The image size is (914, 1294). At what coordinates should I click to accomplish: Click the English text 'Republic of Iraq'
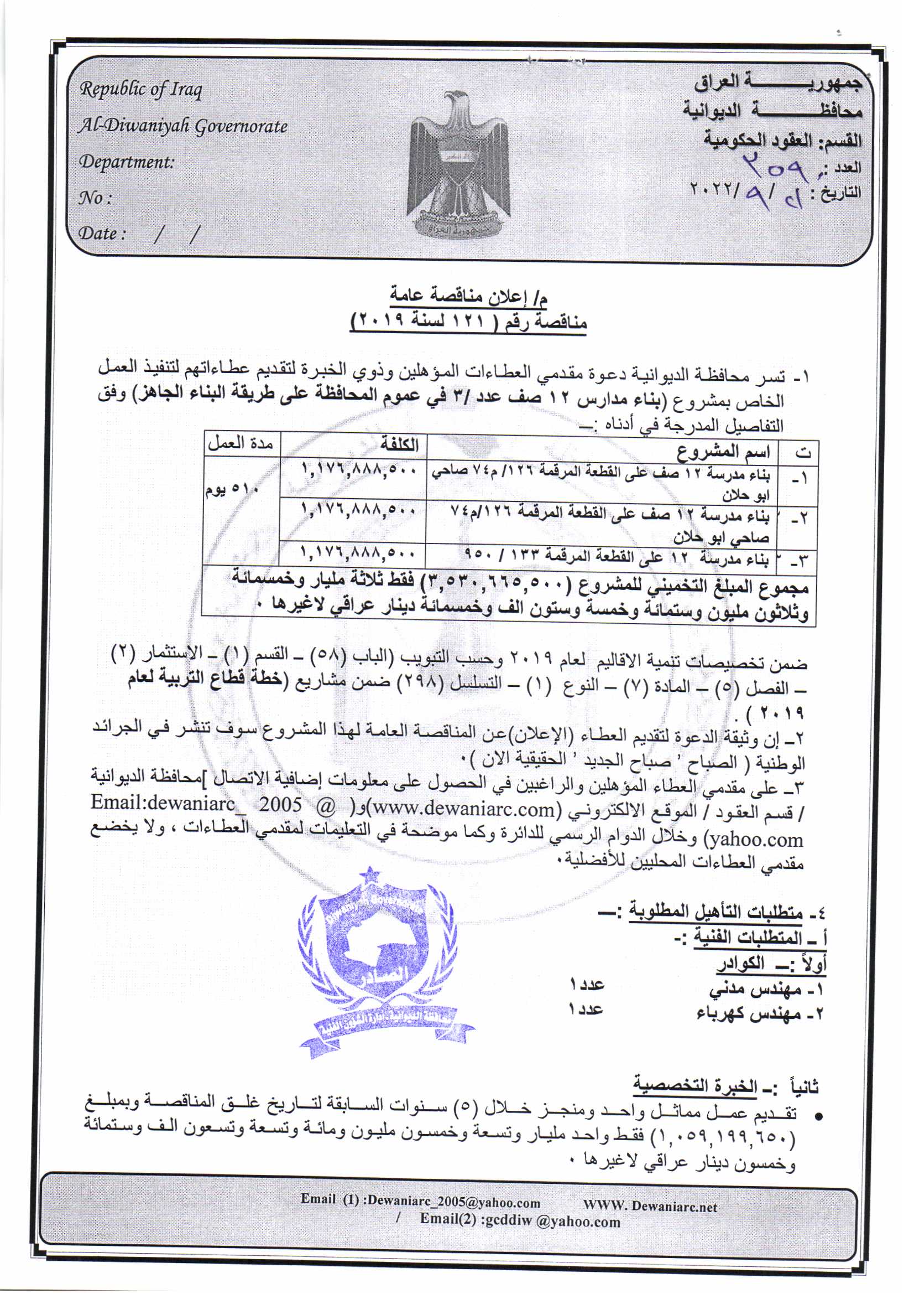141,90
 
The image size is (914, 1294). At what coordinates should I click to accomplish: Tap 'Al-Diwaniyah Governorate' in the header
183,126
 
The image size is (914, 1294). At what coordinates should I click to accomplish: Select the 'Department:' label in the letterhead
127,162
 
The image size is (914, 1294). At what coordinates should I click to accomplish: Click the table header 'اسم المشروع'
724,452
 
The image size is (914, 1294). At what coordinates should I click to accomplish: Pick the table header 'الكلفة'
399,444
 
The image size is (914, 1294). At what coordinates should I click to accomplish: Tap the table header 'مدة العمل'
241,444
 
